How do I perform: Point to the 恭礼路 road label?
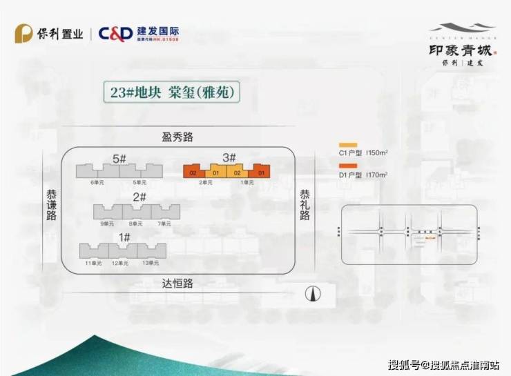click(x=305, y=206)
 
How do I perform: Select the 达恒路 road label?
click(x=177, y=283)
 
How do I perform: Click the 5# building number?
click(x=119, y=159)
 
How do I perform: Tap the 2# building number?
click(x=139, y=197)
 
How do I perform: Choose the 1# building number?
click(x=124, y=237)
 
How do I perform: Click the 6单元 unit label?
click(x=97, y=182)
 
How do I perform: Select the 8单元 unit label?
click(x=135, y=223)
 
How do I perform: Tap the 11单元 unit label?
click(x=93, y=263)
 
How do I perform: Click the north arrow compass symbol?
click(x=314, y=293)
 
